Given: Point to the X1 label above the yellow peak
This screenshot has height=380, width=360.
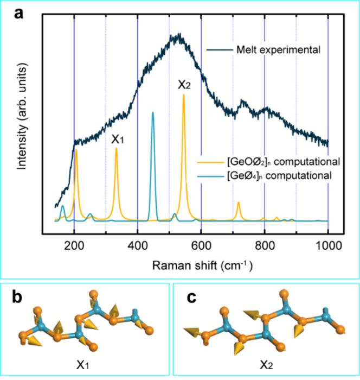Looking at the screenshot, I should (118, 140).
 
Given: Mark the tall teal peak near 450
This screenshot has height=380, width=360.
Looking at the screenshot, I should (153, 113).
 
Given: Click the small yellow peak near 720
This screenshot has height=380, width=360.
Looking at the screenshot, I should (239, 203).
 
